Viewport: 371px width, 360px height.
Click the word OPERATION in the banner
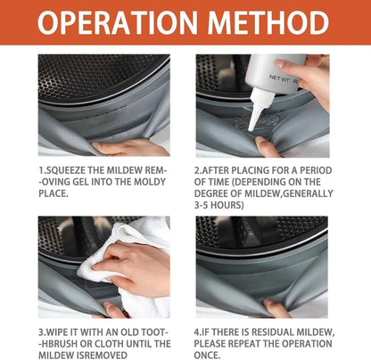[118, 22]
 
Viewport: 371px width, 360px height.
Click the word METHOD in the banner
[268, 22]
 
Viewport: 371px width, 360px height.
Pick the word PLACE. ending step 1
[54, 193]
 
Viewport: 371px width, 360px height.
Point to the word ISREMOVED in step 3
[101, 356]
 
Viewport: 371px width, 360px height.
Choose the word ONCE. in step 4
[208, 356]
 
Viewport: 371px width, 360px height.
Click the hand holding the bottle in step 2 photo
[309, 78]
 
